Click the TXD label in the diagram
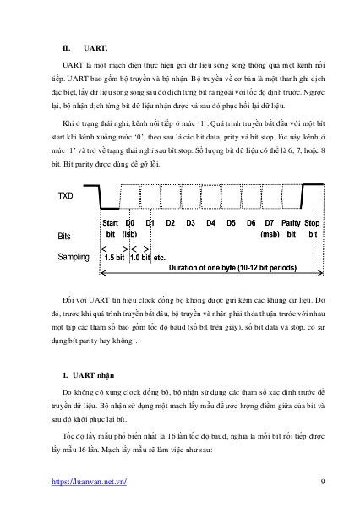click(64, 196)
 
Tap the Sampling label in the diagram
click(73, 255)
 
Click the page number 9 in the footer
click(324, 483)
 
